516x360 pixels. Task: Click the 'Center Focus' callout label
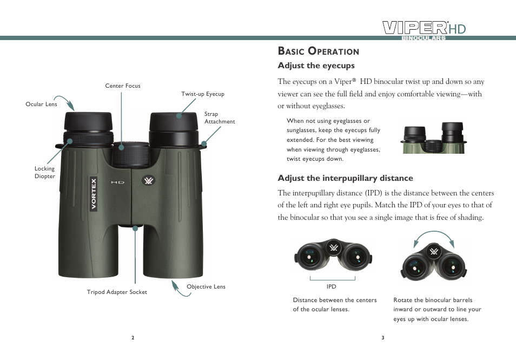pyautogui.click(x=122, y=86)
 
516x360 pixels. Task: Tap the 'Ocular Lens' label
pyautogui.click(x=41, y=104)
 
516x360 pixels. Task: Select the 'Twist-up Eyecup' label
pyautogui.click(x=202, y=94)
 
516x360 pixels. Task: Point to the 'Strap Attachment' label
pyautogui.click(x=219, y=118)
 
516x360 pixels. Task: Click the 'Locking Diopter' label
pyautogui.click(x=45, y=172)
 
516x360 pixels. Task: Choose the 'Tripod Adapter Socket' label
pyautogui.click(x=117, y=292)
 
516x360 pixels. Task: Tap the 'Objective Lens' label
pyautogui.click(x=206, y=286)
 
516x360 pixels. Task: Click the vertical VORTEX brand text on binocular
pyautogui.click(x=94, y=194)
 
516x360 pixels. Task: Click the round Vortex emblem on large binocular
pyautogui.click(x=148, y=181)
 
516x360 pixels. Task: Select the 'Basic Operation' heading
pyautogui.click(x=318, y=51)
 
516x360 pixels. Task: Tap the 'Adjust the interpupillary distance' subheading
pyautogui.click(x=345, y=178)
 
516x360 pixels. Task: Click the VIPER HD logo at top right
pyautogui.click(x=424, y=29)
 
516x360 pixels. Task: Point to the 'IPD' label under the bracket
pyautogui.click(x=331, y=286)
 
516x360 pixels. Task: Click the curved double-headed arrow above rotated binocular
pyautogui.click(x=434, y=236)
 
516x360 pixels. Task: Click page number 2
pyautogui.click(x=133, y=338)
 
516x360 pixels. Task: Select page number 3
pyautogui.click(x=382, y=338)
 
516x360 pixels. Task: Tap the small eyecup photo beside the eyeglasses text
pyautogui.click(x=434, y=138)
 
